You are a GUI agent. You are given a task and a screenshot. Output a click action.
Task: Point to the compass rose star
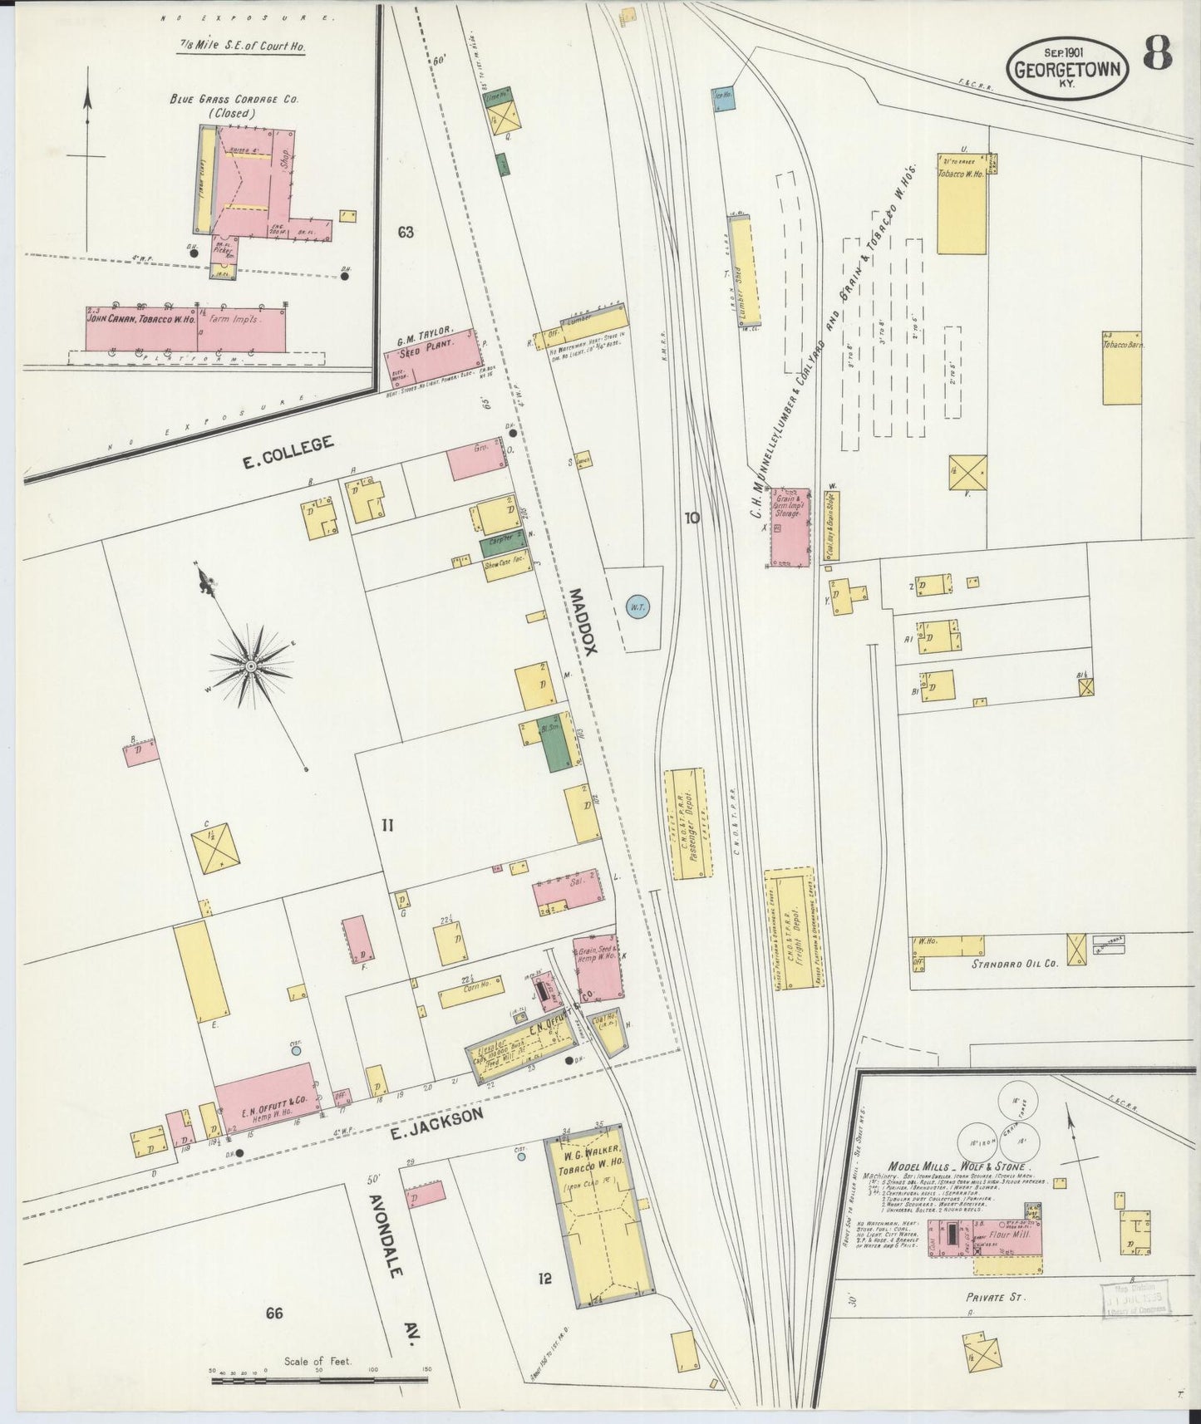(250, 666)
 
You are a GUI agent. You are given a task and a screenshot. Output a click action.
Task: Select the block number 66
(274, 1314)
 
